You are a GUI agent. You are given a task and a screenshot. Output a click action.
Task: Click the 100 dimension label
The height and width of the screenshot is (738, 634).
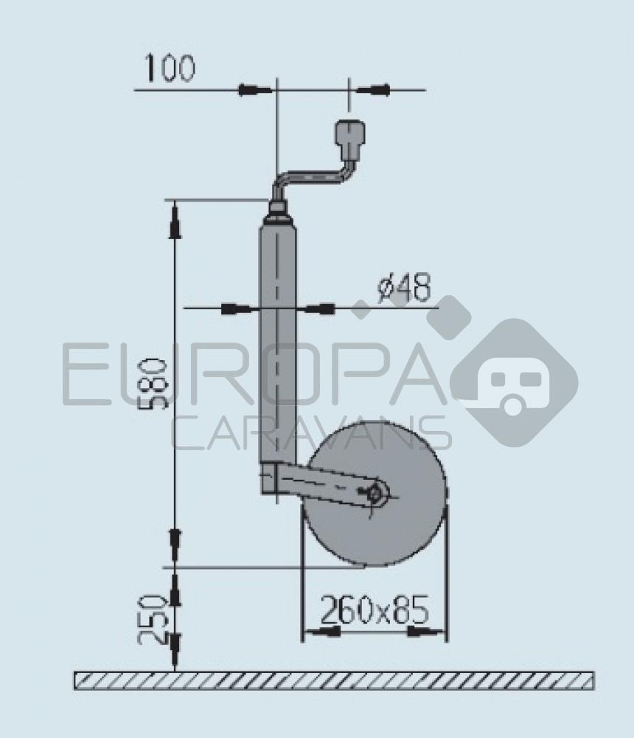170,68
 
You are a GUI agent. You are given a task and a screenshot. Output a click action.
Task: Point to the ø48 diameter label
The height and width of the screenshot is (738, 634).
403,289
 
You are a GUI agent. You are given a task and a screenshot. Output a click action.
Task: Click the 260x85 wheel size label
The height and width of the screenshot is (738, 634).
374,610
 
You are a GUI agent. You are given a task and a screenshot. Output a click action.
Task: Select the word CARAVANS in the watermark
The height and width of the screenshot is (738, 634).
310,432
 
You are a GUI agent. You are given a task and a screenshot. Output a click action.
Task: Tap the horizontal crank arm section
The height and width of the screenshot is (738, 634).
310,178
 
